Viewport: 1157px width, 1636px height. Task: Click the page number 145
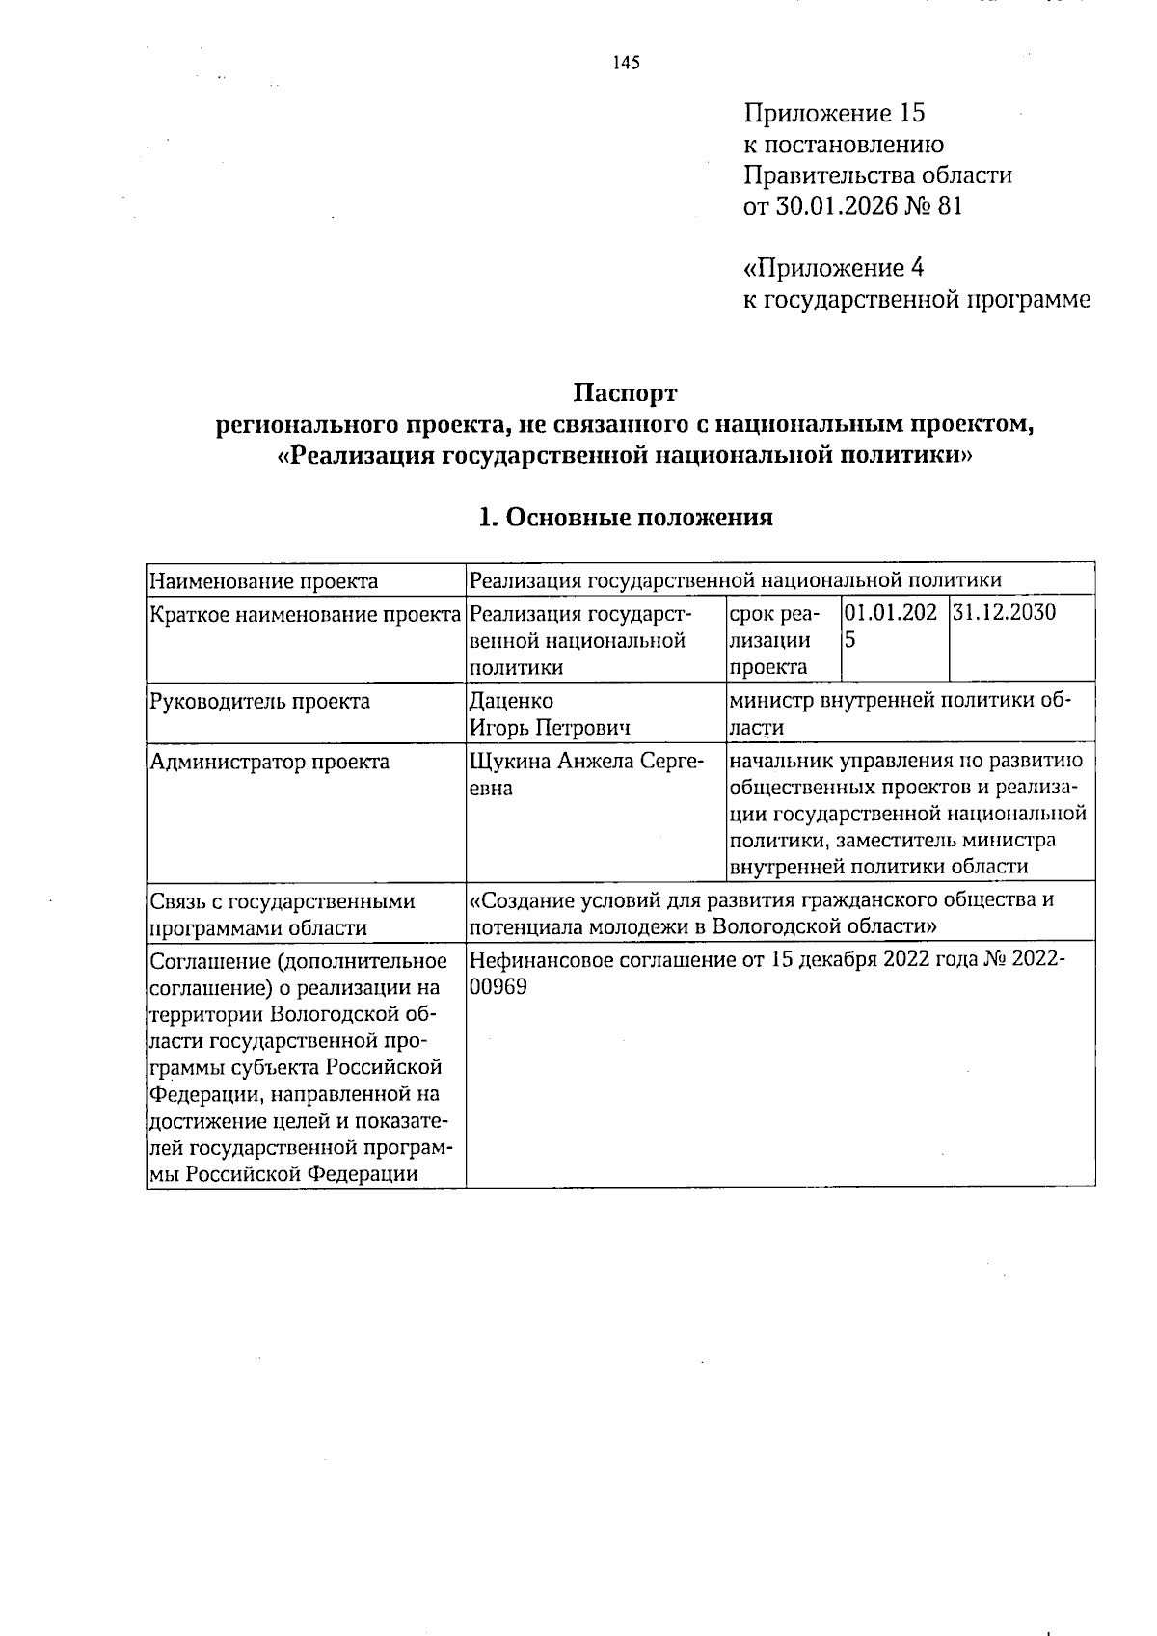pos(626,64)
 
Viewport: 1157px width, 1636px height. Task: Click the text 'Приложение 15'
pos(834,114)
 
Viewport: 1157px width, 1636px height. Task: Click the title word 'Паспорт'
pos(626,393)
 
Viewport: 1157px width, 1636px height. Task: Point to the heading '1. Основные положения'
pos(626,518)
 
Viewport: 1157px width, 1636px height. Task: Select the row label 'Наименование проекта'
pos(263,580)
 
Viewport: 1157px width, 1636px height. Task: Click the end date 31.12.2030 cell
pos(1004,612)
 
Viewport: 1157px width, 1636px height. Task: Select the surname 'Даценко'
pos(511,701)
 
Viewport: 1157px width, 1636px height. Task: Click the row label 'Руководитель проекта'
pos(259,701)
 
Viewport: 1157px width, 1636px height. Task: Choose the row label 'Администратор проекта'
pos(270,762)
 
